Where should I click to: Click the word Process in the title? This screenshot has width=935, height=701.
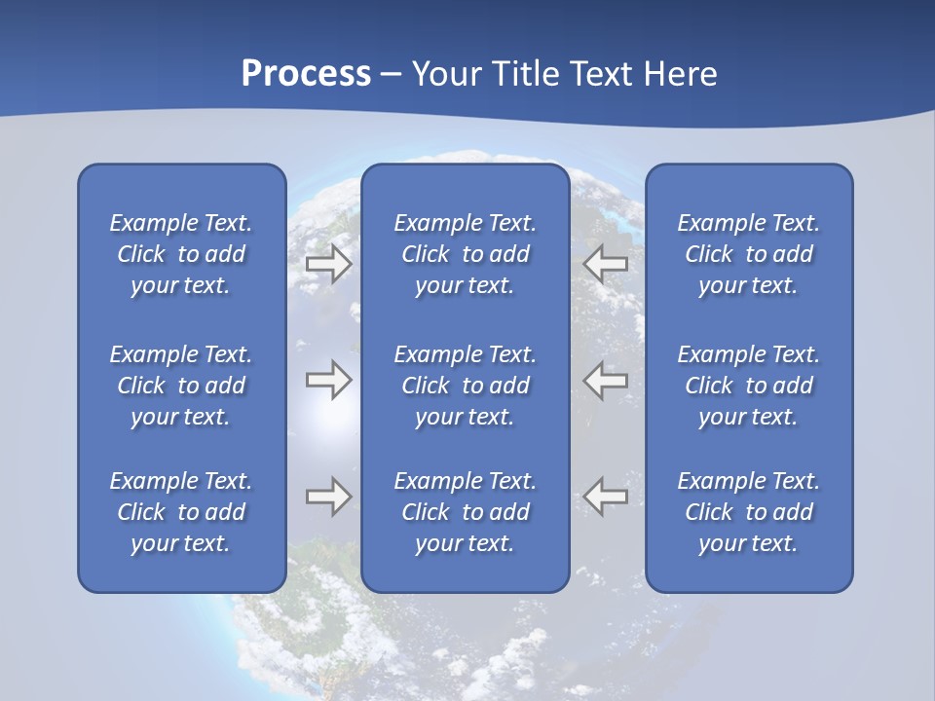point(306,74)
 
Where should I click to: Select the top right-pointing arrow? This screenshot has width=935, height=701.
point(328,264)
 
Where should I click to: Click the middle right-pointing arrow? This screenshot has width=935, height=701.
point(328,380)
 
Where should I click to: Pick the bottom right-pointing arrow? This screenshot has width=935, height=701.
point(328,497)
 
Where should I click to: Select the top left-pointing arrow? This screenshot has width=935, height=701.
point(605,264)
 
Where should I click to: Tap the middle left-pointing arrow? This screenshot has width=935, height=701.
point(605,380)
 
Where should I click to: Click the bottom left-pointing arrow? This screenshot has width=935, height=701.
point(605,497)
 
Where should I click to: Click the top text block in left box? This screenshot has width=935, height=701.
point(181,254)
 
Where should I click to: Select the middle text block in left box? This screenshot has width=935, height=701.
point(181,386)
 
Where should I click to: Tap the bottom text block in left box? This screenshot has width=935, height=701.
point(181,512)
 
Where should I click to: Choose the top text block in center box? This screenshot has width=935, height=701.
point(465,254)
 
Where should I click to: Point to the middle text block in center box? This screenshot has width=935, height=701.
point(465,386)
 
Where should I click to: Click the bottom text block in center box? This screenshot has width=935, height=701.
point(465,512)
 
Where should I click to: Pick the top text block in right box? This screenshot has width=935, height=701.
point(748,254)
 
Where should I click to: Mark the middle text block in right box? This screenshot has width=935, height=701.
point(748,386)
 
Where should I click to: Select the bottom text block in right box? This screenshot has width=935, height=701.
point(748,512)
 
